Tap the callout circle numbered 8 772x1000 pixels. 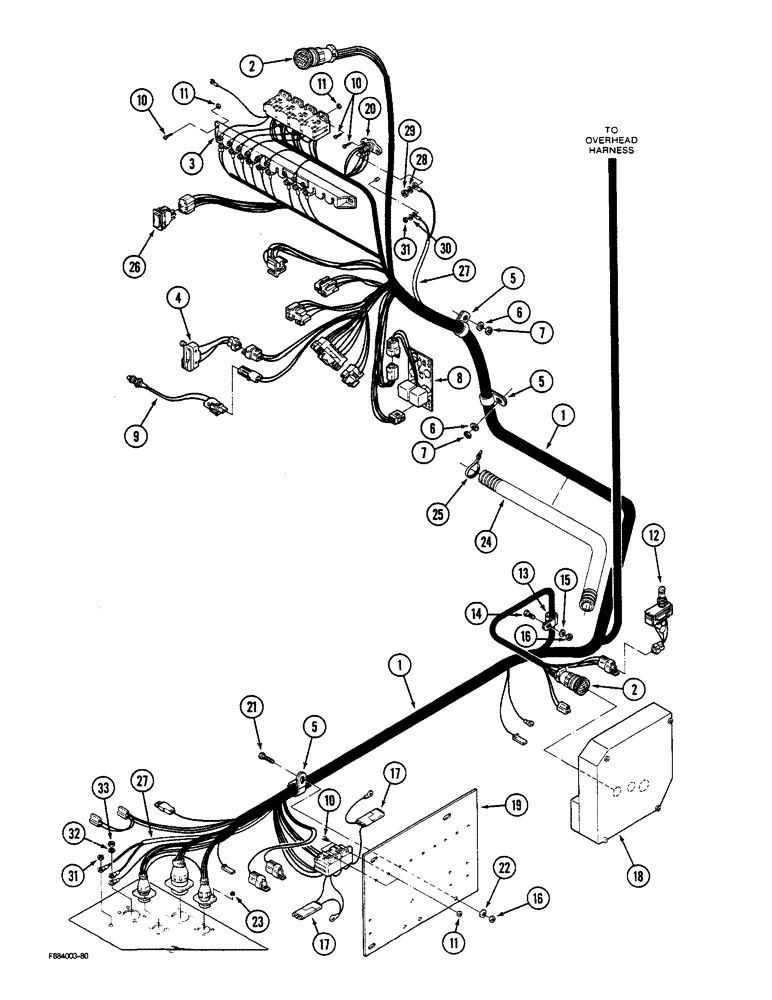[x=459, y=378]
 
